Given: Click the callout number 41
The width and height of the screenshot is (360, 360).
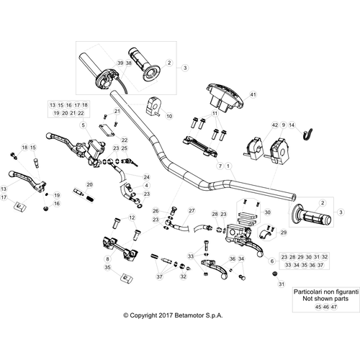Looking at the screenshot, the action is (x=253, y=94).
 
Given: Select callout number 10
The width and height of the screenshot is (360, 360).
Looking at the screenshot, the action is (x=169, y=116).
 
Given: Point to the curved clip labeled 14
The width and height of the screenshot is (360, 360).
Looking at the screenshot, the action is (x=307, y=135).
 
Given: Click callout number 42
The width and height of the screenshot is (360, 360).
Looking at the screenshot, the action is (x=275, y=125).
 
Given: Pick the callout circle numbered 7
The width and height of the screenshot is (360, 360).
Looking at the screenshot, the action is (x=220, y=166).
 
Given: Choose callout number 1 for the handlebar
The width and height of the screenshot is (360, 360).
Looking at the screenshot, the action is (x=228, y=166).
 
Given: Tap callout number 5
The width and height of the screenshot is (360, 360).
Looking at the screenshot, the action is (x=84, y=125).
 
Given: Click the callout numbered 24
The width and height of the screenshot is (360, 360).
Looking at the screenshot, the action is (x=146, y=177).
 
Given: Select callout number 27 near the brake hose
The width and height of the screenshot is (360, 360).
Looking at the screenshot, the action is (x=192, y=211).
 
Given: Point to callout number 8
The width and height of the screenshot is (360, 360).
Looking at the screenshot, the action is (x=107, y=259).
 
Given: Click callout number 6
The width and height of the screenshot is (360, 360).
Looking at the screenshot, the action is (x=272, y=261).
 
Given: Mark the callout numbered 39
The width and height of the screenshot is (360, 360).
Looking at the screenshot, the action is (x=120, y=63).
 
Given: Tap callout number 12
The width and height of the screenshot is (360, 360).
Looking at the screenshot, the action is (x=132, y=217).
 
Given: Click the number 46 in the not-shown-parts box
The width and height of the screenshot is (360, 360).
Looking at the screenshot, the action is (x=326, y=307).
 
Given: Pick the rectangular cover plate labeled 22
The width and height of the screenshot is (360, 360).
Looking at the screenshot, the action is (x=107, y=131).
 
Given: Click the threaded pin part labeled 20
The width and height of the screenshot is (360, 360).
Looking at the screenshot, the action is (x=84, y=195).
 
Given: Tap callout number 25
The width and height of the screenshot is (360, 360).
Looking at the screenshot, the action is (x=125, y=148).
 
